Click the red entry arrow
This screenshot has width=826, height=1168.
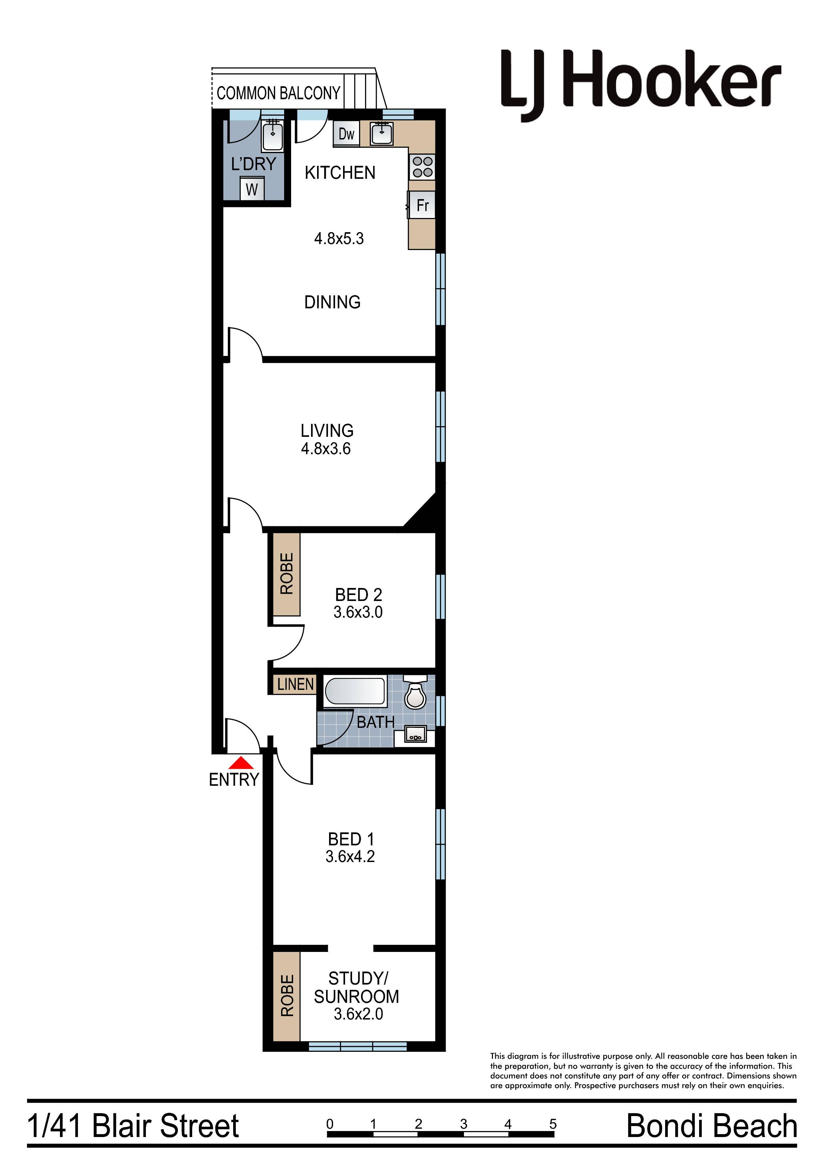(241, 763)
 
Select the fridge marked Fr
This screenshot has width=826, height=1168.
(422, 205)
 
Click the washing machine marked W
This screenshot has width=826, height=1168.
(252, 189)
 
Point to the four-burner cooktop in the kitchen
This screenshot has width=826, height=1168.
(422, 167)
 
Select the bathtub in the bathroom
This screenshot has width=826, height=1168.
(355, 692)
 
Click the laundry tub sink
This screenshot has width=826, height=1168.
(273, 135)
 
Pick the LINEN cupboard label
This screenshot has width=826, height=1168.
(295, 684)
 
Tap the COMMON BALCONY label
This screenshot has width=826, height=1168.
(278, 93)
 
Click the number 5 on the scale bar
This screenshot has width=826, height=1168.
(553, 1124)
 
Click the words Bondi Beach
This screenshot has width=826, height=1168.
(711, 1126)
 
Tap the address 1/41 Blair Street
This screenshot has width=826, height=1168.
(133, 1126)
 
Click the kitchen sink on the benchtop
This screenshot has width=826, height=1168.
(381, 134)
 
